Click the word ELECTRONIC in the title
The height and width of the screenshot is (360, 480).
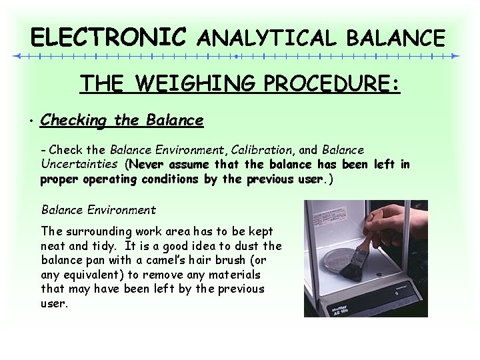click(109, 37)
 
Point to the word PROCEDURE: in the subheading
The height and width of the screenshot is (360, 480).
click(332, 85)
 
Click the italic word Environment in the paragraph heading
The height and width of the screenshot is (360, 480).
click(123, 210)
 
